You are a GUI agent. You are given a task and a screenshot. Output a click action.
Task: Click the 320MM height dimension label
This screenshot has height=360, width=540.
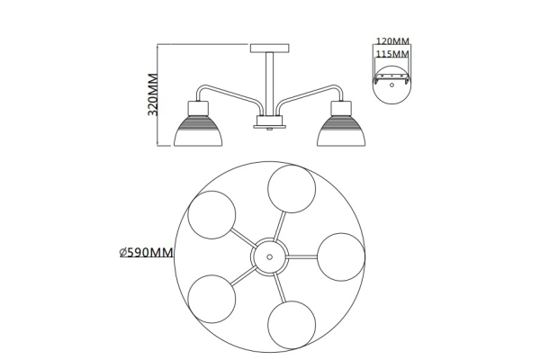[x=153, y=94]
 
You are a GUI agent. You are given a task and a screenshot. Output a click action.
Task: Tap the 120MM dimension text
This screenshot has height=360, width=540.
[x=392, y=41]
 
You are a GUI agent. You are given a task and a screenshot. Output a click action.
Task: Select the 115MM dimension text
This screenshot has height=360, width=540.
[x=392, y=54]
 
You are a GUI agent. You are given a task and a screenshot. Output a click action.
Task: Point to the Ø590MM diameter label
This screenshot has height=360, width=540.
[x=146, y=253]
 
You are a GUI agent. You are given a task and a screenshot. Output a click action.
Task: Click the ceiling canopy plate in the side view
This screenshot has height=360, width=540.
[x=270, y=49]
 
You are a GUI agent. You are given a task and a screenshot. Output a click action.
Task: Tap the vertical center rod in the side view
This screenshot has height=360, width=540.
[x=270, y=84]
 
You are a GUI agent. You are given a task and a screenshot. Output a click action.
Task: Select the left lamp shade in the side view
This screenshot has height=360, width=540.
[x=198, y=131]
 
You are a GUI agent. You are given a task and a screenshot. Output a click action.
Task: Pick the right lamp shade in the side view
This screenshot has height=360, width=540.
[x=341, y=131]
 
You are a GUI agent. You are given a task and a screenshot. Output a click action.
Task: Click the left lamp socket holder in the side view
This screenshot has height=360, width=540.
[x=198, y=109]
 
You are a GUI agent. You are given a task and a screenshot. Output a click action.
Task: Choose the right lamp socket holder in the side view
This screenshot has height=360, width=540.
[x=341, y=109]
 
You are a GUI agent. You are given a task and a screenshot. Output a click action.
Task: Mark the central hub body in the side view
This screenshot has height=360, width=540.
[x=270, y=121]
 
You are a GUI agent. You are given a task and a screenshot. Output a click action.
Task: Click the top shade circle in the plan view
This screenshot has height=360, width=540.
[x=292, y=189]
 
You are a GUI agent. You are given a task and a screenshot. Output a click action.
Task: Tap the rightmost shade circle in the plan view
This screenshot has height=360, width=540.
[x=341, y=257]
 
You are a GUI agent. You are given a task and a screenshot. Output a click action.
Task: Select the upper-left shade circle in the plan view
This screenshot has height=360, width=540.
[x=211, y=215]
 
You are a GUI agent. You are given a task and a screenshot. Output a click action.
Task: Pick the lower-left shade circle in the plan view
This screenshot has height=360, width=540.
[x=211, y=299]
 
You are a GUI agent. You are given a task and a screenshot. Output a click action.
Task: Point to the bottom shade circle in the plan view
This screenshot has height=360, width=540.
[x=292, y=325]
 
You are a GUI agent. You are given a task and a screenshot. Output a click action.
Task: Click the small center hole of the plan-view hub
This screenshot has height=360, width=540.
[x=270, y=257]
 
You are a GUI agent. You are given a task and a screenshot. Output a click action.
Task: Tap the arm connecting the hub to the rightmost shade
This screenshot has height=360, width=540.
[x=301, y=257]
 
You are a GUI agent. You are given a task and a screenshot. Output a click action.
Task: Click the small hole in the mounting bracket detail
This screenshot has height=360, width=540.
[x=391, y=85]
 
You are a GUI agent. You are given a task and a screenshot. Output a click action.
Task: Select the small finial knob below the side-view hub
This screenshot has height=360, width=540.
[x=270, y=130]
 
